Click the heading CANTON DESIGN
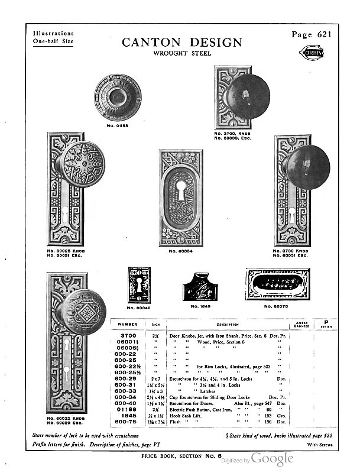click(182, 43)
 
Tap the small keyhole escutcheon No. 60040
click(140, 286)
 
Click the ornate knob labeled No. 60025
click(81, 164)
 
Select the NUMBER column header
click(127, 324)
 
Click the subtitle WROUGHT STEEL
click(182, 54)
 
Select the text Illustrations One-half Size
click(54, 38)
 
